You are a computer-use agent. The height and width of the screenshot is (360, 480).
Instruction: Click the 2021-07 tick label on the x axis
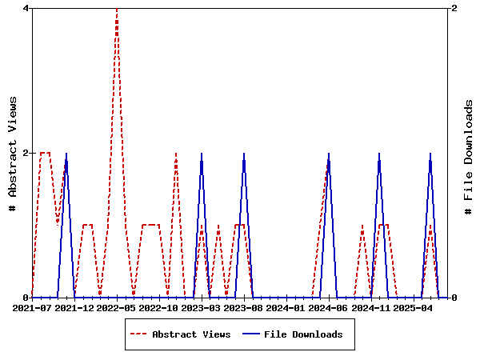pos(32,307)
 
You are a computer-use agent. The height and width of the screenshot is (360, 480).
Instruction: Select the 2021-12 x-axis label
pos(74,307)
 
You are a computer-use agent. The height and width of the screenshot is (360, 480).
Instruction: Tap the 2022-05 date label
pos(117,307)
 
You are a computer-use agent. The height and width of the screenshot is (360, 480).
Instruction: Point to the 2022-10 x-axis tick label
pos(159,307)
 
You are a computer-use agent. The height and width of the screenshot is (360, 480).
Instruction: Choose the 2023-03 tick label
pos(202,307)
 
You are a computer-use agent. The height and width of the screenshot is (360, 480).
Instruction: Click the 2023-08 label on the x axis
pos(244,307)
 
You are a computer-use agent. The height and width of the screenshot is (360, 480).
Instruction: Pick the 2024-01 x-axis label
pos(286,307)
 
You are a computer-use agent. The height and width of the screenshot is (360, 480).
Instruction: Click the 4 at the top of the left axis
pos(26,8)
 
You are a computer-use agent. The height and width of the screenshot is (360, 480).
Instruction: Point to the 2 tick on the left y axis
pos(26,153)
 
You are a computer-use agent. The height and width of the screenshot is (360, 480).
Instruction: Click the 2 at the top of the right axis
pos(454,8)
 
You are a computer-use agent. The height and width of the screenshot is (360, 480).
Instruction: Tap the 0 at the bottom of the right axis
pos(454,298)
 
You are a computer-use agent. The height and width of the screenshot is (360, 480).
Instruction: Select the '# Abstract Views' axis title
pos(13,153)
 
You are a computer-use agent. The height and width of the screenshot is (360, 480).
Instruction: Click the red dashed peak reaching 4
pos(117,10)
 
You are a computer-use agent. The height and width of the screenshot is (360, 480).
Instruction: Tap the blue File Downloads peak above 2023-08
pos(244,154)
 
